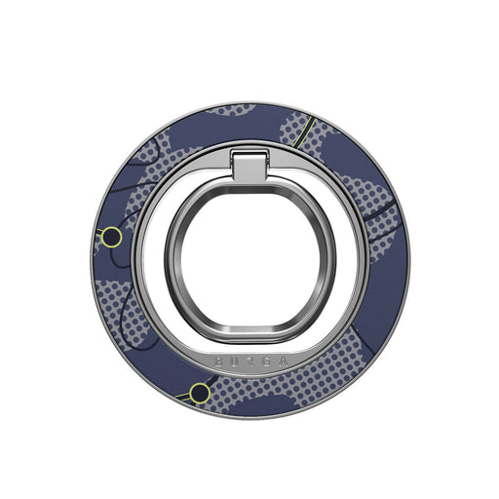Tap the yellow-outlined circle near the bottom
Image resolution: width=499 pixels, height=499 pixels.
199,393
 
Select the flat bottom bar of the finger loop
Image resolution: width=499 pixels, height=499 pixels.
249,330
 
